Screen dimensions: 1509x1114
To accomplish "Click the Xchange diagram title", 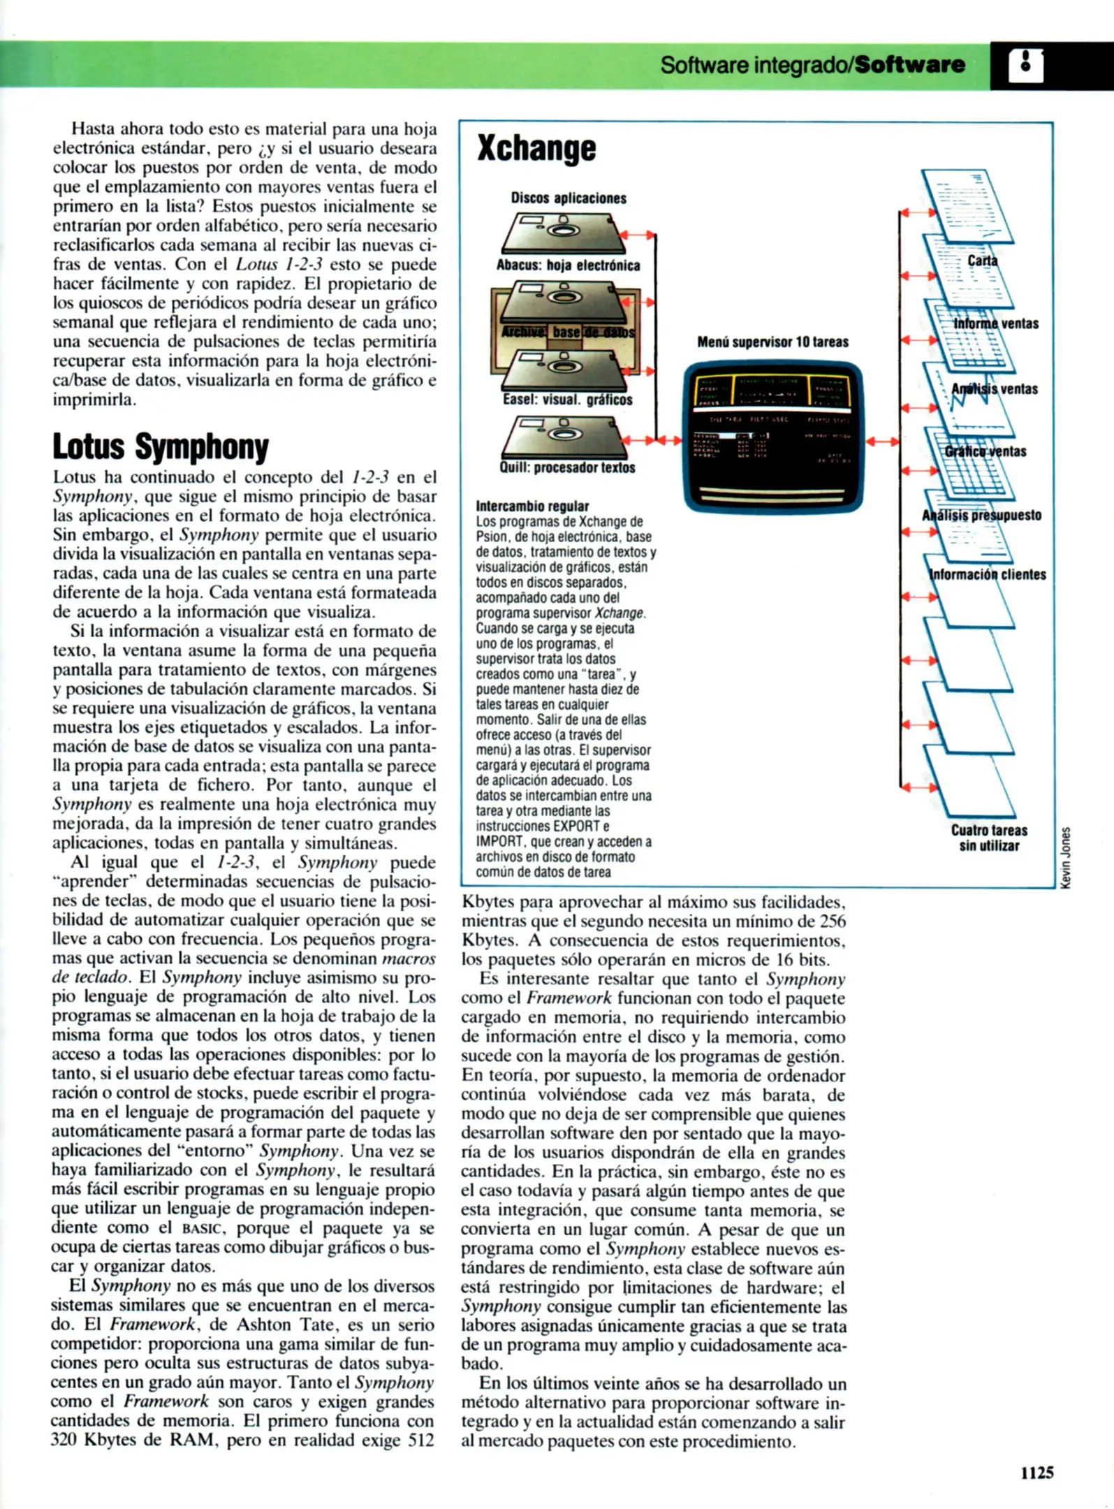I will (x=536, y=148).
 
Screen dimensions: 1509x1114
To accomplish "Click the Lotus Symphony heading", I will (x=161, y=447).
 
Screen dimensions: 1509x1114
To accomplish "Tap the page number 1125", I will (x=1036, y=1472).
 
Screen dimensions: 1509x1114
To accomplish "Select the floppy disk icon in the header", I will (x=1026, y=66).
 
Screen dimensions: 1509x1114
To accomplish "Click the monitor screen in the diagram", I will (x=773, y=436).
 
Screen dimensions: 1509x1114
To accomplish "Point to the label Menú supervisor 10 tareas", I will (x=772, y=342).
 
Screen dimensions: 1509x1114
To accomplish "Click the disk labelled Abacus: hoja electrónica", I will (x=563, y=233).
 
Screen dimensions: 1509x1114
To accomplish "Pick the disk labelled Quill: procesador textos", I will (x=563, y=437).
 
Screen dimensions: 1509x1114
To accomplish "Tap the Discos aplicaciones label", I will (x=569, y=198).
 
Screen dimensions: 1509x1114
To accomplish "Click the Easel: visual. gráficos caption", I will (x=567, y=400).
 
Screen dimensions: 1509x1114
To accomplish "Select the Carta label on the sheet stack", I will (x=982, y=261).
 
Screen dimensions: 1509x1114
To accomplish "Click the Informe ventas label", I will (x=996, y=323).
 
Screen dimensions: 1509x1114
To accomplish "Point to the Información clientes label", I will (x=988, y=575).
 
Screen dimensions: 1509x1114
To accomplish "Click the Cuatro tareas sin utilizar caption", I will (x=989, y=838).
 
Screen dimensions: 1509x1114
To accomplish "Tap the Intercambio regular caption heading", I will (x=532, y=506).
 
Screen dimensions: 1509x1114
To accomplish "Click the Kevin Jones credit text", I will (x=1065, y=857).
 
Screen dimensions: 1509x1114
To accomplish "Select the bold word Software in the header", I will (x=909, y=65).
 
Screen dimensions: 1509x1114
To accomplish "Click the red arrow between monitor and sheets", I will (x=882, y=442).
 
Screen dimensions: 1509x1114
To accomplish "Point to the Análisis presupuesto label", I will (x=981, y=516).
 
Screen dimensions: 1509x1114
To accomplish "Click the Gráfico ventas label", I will (x=985, y=451).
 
